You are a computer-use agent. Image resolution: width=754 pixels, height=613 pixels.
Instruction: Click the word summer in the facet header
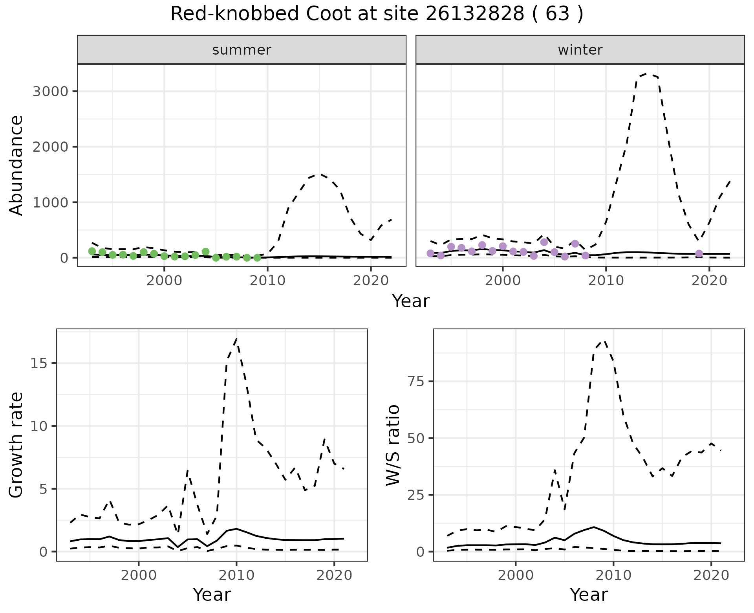pos(242,50)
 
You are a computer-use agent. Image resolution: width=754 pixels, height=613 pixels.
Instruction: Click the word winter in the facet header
pos(580,50)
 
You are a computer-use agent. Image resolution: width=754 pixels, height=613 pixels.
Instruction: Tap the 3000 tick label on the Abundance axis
pos(50,92)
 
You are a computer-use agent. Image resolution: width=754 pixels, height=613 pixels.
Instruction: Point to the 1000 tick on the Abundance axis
pos(50,202)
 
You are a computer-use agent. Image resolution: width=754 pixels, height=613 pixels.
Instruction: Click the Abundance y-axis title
pos(16,165)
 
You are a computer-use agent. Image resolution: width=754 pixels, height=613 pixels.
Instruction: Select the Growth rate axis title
pos(16,445)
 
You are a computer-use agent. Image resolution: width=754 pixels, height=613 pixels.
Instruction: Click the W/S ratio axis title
pos(393,445)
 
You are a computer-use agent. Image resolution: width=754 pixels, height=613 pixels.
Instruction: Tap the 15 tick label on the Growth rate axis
pos(38,363)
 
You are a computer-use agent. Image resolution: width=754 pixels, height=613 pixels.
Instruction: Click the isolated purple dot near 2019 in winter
pos(699,253)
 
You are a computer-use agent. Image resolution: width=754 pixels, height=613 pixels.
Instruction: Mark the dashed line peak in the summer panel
pos(320,174)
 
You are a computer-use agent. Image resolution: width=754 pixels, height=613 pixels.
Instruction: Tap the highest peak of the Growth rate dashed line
pos(236,339)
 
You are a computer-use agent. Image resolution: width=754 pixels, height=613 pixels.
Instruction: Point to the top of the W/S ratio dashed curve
pos(605,341)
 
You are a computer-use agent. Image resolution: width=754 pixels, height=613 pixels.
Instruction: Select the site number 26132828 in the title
pos(474,14)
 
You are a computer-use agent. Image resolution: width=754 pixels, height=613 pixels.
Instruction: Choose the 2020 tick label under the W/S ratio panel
pos(711,575)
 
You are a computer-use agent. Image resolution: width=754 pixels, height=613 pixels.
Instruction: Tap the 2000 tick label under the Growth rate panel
pos(138,575)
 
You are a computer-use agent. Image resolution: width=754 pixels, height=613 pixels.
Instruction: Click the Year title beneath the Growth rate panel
pos(212,595)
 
